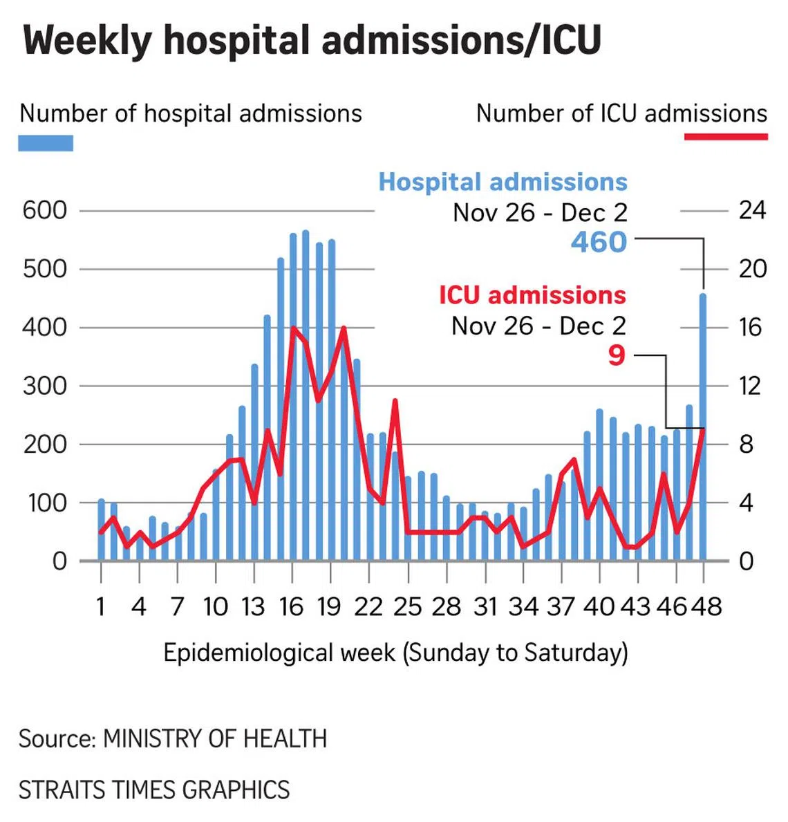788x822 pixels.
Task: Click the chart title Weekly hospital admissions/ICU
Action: click(x=312, y=40)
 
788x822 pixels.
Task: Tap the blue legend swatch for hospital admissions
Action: click(x=46, y=143)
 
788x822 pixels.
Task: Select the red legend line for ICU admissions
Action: click(x=725, y=137)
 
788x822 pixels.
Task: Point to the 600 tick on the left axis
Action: click(x=44, y=210)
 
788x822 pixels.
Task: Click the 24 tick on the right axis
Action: click(x=752, y=210)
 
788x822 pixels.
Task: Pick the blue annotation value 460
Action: click(x=599, y=242)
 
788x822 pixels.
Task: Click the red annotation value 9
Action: click(x=617, y=355)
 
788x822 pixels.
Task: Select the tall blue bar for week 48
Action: click(x=703, y=429)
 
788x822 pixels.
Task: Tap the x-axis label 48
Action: click(x=705, y=606)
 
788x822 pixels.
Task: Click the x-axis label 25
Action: click(x=407, y=606)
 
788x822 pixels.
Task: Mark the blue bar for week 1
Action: click(x=101, y=530)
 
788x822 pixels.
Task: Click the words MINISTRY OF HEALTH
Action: click(x=215, y=738)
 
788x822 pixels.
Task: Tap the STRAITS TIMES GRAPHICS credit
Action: click(x=154, y=790)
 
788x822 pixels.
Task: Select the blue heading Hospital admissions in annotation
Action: click(x=503, y=182)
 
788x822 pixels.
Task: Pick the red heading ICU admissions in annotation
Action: click(x=532, y=295)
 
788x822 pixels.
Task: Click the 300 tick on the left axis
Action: click(x=44, y=386)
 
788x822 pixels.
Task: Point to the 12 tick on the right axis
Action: click(x=751, y=386)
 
